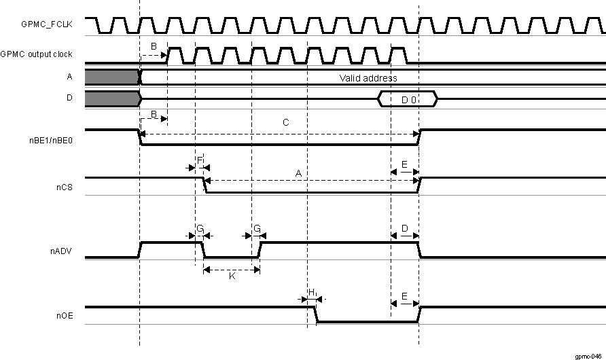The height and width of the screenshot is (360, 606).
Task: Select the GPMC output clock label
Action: point(37,54)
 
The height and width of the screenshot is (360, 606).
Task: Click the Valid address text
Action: point(368,78)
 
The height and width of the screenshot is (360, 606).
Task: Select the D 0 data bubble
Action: point(408,100)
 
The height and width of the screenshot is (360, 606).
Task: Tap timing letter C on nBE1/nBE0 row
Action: point(285,124)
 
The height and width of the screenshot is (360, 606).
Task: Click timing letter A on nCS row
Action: point(298,174)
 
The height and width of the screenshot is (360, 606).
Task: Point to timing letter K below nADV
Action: point(232,278)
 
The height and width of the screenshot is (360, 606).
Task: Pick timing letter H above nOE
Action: point(312,291)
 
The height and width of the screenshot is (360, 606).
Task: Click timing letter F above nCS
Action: point(200,160)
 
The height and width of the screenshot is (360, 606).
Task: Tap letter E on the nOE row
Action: point(404,297)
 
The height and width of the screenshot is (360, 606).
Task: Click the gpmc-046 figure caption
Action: point(586,355)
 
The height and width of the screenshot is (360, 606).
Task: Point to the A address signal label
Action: point(69,77)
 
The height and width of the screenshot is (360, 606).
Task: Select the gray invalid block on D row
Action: point(112,99)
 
